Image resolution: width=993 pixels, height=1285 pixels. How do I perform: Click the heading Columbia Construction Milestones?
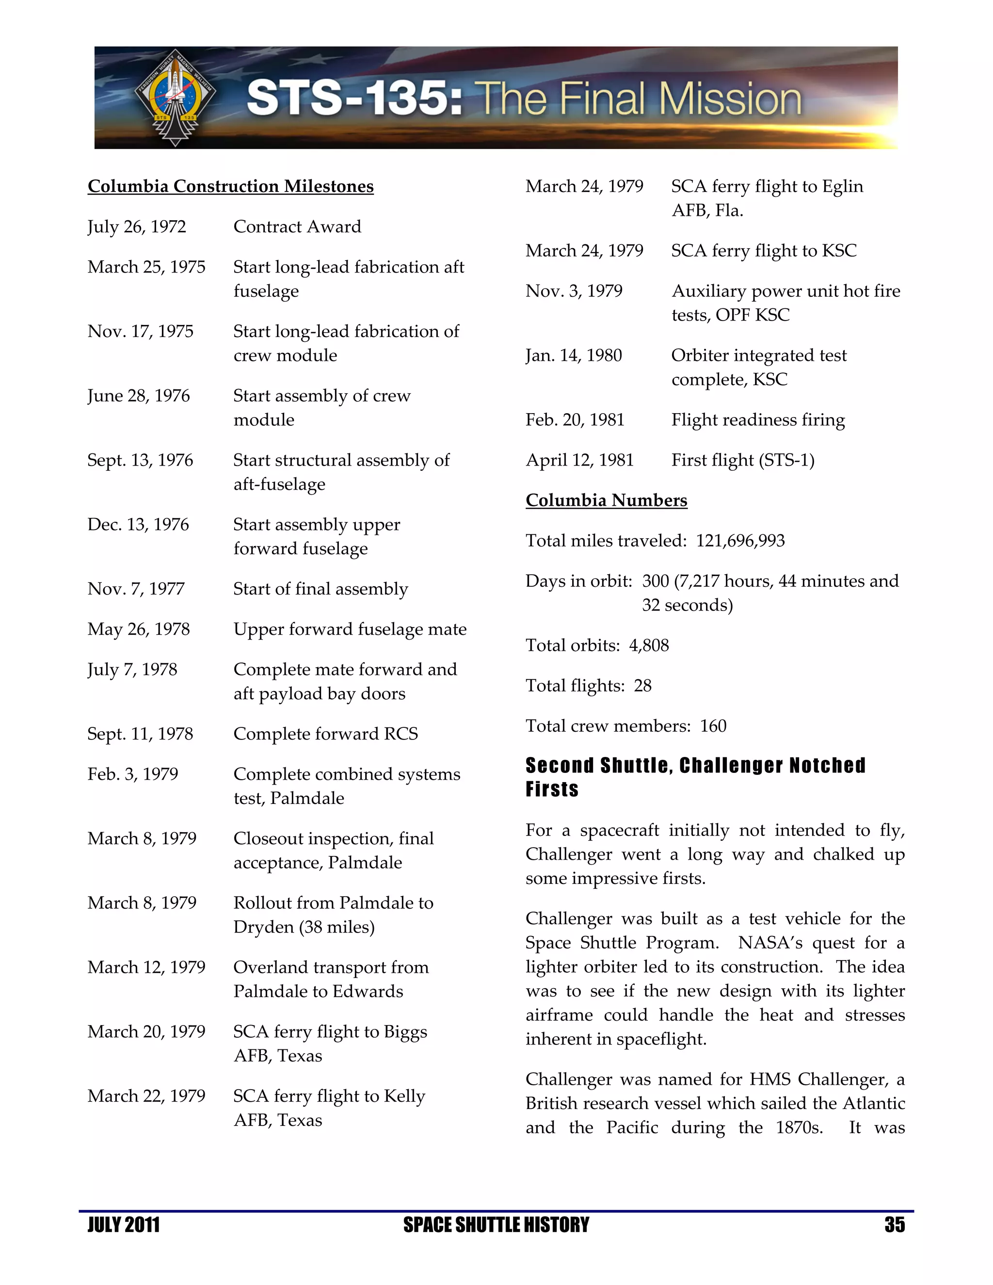point(231,187)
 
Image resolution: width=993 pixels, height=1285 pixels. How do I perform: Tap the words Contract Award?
point(297,227)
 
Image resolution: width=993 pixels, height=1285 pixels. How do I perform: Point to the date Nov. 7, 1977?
point(136,589)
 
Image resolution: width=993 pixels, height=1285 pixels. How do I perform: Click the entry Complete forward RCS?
point(325,734)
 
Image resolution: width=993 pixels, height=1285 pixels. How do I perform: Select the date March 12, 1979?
point(146,967)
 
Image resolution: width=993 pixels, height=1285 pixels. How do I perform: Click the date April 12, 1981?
point(579,460)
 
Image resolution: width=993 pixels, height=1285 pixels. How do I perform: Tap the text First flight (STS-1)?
point(743,460)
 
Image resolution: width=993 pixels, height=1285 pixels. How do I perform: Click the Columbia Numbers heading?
point(606,501)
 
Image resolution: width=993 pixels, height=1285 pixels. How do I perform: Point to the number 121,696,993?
point(740,541)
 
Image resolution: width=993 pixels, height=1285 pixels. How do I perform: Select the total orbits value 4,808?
point(649,646)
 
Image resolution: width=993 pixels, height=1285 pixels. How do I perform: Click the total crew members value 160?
point(713,726)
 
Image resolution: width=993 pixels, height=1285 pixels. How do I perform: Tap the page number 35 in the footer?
point(894,1225)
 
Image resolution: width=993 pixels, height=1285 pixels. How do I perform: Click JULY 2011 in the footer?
point(124,1225)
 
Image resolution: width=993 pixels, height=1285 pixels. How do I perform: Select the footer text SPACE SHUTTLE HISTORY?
point(496,1225)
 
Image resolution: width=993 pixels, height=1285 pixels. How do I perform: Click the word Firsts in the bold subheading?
point(552,789)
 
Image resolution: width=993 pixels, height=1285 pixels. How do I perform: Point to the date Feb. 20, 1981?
point(575,420)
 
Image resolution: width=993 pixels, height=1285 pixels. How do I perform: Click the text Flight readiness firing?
point(758,420)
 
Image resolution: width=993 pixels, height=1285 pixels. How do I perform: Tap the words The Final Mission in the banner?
point(641,99)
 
